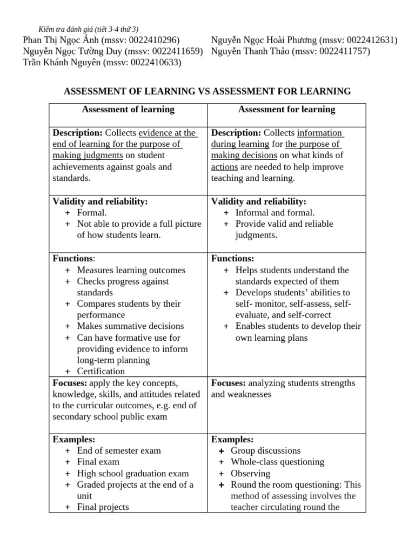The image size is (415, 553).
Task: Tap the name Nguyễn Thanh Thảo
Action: pyautogui.click(x=249, y=52)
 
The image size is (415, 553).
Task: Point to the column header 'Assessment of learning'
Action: pyautogui.click(x=128, y=110)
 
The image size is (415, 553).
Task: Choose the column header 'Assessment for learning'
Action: pyautogui.click(x=286, y=110)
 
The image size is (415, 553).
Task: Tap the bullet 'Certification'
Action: pyautogui.click(x=101, y=372)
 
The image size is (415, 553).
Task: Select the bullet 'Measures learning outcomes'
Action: pyautogui.click(x=131, y=270)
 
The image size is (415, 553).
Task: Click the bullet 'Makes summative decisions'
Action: pyautogui.click(x=130, y=326)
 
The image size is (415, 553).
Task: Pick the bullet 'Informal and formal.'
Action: pyautogui.click(x=275, y=213)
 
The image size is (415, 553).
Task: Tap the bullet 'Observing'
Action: pyautogui.click(x=251, y=473)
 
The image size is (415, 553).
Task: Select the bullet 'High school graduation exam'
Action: pyautogui.click(x=133, y=473)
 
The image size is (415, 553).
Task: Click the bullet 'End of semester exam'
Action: pyautogui.click(x=119, y=450)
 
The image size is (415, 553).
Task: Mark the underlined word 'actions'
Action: pyautogui.click(x=224, y=167)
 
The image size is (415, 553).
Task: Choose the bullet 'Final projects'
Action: pyautogui.click(x=103, y=507)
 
